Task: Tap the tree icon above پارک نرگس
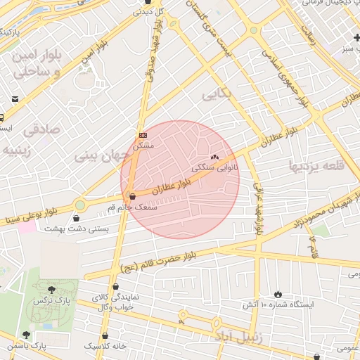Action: (x=51, y=289)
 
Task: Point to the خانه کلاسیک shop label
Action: (x=105, y=347)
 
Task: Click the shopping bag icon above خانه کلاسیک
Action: (x=105, y=336)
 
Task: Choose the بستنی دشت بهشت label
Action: (x=73, y=229)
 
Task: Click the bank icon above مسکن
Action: (x=143, y=134)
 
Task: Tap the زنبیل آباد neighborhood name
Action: (x=243, y=338)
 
